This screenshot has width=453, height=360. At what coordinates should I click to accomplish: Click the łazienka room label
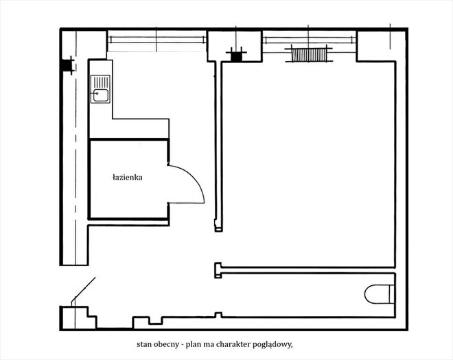(x=128, y=178)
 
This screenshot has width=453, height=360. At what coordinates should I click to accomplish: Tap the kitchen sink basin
(x=100, y=95)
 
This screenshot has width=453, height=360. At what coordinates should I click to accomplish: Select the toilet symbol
(x=379, y=294)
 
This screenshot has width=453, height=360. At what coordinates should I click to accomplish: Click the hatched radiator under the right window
(x=309, y=55)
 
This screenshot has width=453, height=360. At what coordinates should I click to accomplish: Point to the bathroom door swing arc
(x=194, y=179)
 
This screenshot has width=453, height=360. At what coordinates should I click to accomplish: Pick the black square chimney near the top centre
(x=237, y=56)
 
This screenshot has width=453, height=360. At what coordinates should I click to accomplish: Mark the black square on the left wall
(x=67, y=66)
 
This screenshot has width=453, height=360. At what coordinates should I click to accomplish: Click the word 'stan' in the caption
(x=143, y=344)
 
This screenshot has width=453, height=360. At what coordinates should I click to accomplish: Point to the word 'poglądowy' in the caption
(x=272, y=345)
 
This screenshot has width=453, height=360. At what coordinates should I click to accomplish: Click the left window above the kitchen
(x=157, y=40)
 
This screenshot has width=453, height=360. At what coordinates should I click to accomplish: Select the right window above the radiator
(x=309, y=40)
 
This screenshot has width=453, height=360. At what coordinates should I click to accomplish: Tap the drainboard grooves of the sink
(x=100, y=82)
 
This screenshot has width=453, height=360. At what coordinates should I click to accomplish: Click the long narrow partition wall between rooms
(x=218, y=146)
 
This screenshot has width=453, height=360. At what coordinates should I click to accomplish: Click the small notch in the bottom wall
(x=155, y=320)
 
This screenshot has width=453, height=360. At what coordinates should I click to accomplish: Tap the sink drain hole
(x=97, y=93)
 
